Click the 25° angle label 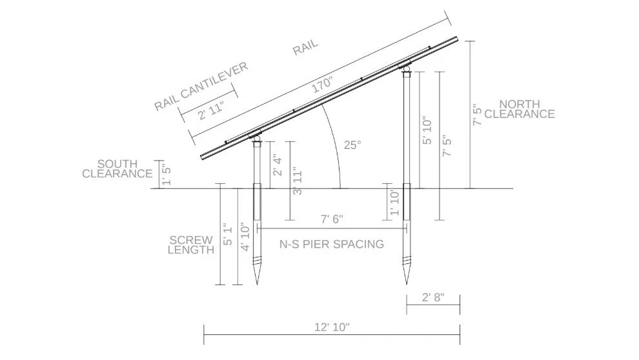352,145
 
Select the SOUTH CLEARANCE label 117,169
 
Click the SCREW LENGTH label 191,245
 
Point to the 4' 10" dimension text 245,237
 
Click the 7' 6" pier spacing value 332,219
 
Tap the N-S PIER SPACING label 331,245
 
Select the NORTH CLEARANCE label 520,110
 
